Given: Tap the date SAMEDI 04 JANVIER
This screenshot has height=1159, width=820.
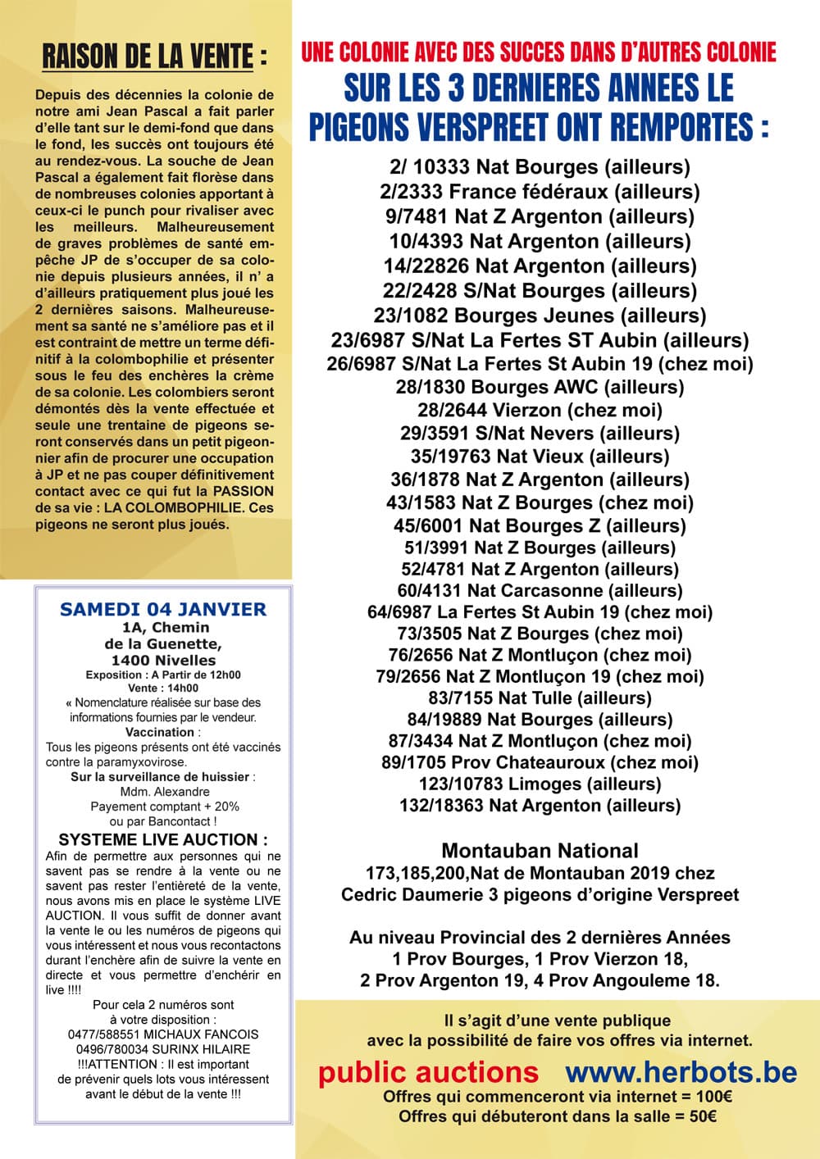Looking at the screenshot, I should click(x=163, y=609).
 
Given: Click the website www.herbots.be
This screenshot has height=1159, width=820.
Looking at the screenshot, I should click(x=681, y=1072).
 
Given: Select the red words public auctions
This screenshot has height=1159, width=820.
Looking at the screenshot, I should click(x=428, y=1072).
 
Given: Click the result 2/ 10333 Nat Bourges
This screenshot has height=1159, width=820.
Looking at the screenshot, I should click(x=540, y=167).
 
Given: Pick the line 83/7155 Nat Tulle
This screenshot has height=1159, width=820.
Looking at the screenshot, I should click(x=540, y=698).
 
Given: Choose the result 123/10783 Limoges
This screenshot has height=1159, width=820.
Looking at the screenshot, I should click(x=540, y=784).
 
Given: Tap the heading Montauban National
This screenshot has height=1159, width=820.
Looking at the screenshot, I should click(x=540, y=850).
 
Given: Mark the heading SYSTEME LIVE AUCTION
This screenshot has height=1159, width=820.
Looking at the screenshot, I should click(x=163, y=839).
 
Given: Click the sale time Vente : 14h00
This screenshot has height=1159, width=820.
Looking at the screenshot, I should click(x=163, y=689).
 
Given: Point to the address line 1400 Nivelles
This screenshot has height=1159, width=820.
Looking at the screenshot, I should click(x=163, y=660).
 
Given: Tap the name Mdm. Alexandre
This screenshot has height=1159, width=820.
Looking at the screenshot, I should click(x=164, y=792).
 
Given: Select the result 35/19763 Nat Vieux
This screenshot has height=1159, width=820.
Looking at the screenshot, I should click(x=540, y=457).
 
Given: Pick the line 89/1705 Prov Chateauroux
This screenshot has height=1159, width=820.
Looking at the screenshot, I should click(x=540, y=762).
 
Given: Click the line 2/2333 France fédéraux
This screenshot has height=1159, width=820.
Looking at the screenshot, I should click(x=540, y=192).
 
